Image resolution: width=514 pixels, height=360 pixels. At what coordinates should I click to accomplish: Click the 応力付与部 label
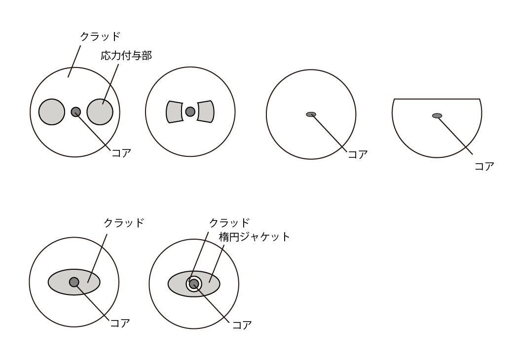tap(126, 56)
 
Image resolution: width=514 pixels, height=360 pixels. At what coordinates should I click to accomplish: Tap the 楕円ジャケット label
tap(254, 237)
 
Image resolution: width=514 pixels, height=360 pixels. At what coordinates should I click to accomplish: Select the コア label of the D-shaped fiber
tap(484, 166)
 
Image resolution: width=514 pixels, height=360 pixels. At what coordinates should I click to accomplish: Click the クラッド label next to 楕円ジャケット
tap(229, 223)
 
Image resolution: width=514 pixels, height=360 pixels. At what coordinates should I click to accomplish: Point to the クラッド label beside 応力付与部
tap(100, 36)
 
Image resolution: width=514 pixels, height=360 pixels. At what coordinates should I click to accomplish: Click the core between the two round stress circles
tap(76, 112)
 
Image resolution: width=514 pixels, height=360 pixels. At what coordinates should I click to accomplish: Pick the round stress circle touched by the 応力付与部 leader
tap(100, 112)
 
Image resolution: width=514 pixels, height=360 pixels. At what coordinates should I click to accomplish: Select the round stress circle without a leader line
tap(52, 112)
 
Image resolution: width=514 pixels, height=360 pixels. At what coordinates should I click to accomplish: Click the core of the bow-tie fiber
tap(190, 112)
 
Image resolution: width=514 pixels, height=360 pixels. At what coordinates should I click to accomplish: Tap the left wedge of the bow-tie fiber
tap(175, 112)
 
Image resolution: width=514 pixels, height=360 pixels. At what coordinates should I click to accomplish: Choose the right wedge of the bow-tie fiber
tap(206, 112)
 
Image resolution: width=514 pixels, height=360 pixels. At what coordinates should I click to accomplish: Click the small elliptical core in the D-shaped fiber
tap(437, 115)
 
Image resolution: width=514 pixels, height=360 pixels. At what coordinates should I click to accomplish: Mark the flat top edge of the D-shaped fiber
tap(437, 99)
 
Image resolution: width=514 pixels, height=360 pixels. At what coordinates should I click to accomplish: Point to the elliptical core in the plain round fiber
tap(311, 114)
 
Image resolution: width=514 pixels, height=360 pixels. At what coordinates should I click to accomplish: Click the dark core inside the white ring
tap(194, 284)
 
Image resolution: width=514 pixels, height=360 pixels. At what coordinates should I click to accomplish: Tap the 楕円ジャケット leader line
tap(217, 263)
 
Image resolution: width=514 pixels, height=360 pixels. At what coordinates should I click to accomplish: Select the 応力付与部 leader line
tap(110, 84)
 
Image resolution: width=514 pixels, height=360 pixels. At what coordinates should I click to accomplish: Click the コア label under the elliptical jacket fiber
tap(242, 325)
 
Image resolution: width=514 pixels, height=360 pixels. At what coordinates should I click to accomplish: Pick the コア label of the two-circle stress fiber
tap(121, 153)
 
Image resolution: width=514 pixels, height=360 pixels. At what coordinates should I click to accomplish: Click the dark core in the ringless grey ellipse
tap(74, 282)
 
